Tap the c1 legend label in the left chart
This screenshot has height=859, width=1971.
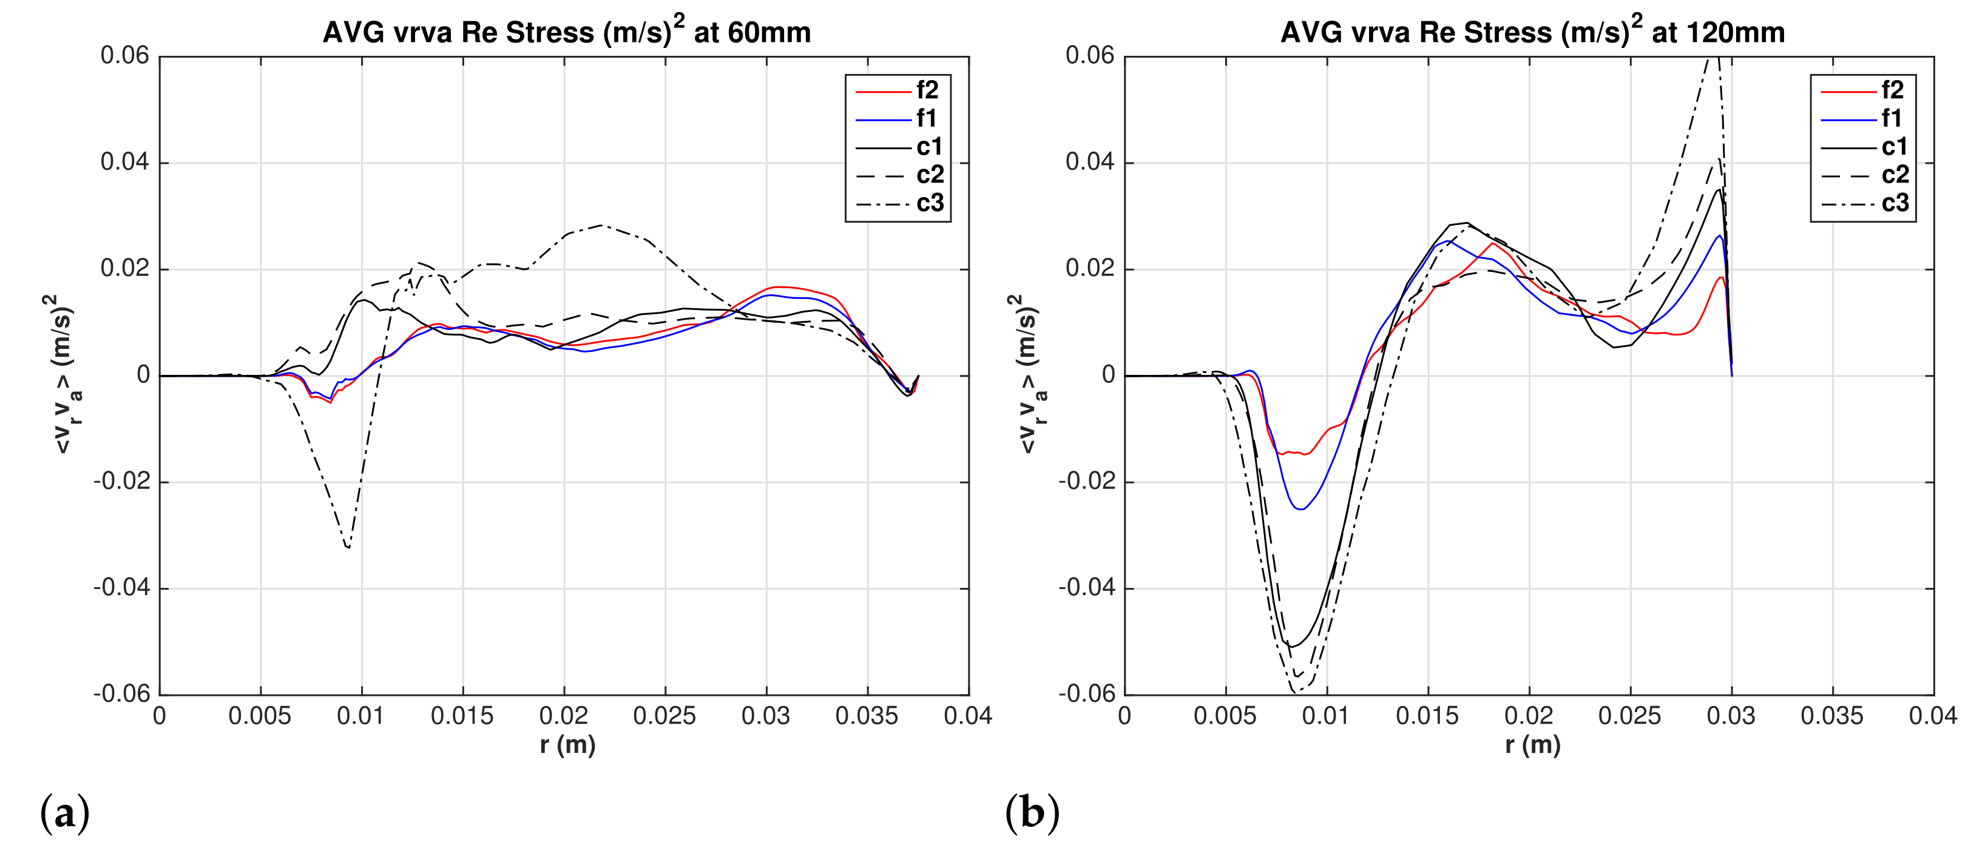coord(929,147)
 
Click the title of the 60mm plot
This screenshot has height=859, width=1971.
coord(566,32)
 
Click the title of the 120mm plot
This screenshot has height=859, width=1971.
coord(1532,32)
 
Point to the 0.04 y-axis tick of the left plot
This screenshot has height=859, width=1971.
coord(125,162)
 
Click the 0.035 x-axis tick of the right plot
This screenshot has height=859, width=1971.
coord(1832,716)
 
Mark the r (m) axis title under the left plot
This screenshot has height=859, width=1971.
coord(567,745)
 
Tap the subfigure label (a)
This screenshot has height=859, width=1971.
coord(64,812)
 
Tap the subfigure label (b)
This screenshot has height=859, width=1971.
coord(1032,812)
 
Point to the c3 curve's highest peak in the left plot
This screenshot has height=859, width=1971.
coord(601,225)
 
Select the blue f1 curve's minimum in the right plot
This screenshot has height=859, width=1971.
coord(1300,509)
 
